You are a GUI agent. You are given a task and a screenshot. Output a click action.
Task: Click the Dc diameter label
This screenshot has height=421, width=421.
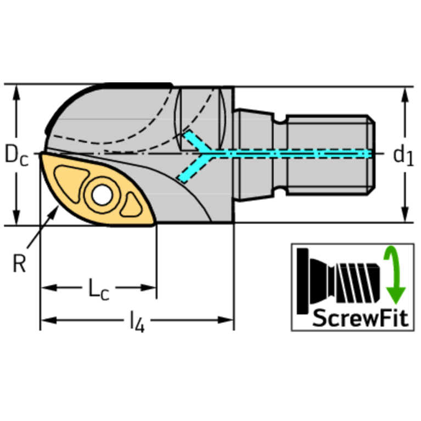click(16, 155)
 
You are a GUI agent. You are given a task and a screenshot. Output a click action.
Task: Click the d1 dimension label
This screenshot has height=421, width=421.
click(403, 156)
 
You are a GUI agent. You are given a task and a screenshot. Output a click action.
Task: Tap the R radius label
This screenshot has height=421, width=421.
click(19, 263)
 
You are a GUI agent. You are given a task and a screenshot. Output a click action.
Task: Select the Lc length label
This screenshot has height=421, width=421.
click(99, 289)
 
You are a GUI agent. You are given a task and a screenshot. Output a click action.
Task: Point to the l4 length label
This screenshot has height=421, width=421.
click(137, 322)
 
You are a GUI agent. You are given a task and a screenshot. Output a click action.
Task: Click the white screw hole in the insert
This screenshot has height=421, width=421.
click(102, 195)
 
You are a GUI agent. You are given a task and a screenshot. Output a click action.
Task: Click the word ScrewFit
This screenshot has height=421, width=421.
click(360, 318)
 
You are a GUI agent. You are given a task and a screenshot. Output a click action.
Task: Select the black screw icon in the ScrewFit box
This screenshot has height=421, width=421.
click(338, 281)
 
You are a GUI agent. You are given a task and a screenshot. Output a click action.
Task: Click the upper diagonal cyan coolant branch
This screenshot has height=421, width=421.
click(198, 142)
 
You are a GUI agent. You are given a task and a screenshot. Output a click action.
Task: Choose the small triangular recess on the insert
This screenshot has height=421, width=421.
click(132, 205)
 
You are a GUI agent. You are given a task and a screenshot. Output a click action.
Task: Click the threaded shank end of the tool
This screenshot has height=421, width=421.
click(330, 155)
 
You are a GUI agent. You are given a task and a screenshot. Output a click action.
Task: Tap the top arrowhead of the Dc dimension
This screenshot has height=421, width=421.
click(16, 92)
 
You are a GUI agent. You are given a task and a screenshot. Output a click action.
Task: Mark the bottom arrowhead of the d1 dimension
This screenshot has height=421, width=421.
click(405, 214)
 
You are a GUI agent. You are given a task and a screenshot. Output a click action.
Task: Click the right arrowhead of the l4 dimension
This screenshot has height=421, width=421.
click(226, 320)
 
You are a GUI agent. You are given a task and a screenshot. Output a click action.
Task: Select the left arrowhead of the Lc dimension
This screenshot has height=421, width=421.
click(49, 288)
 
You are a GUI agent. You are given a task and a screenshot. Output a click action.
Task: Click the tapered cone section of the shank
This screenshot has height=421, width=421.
click(254, 155)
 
